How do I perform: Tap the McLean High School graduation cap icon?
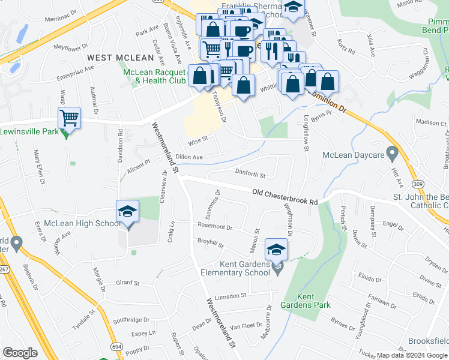click(127, 212)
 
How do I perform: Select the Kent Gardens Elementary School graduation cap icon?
click(276, 249)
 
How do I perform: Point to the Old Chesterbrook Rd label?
click(285, 197)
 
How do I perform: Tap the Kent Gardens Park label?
click(314, 301)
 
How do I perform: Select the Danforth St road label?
click(250, 175)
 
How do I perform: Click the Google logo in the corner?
click(20, 353)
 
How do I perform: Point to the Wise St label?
click(197, 142)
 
